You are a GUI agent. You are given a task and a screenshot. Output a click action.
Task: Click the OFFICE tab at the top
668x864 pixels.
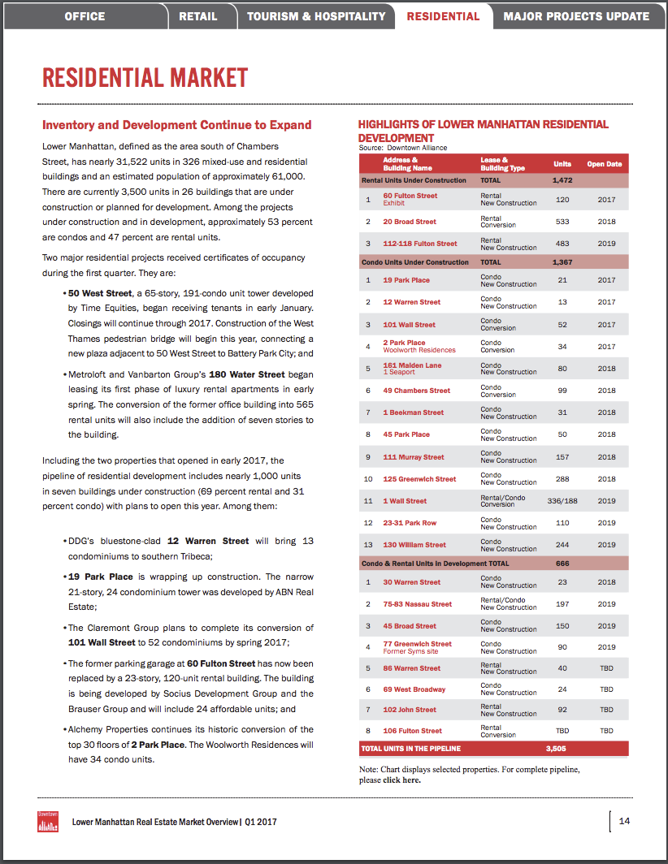(x=85, y=16)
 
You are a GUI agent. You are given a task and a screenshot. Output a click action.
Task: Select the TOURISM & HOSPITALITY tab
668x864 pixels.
(x=316, y=16)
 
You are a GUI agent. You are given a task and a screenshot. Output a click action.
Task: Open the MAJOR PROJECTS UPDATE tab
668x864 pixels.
(x=576, y=16)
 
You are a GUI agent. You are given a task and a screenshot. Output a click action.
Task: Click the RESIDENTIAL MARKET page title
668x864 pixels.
(x=145, y=78)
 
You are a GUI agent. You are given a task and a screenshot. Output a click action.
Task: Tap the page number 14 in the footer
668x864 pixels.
(x=624, y=821)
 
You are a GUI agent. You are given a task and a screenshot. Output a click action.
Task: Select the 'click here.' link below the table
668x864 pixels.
(x=401, y=780)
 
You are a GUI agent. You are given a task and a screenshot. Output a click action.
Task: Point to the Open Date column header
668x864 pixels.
(x=604, y=164)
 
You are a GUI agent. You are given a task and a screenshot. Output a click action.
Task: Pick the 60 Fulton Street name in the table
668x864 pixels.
(x=410, y=196)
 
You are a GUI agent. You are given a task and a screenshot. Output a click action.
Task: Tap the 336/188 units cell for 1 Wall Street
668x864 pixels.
(x=561, y=501)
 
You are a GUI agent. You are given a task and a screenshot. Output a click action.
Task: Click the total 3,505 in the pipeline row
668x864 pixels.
(x=556, y=748)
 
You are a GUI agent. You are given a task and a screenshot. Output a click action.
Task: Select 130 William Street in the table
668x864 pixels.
(x=414, y=545)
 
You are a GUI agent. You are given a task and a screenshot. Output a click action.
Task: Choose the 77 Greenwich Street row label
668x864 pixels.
(x=417, y=644)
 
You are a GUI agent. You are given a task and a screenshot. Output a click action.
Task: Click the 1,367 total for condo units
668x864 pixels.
(x=562, y=262)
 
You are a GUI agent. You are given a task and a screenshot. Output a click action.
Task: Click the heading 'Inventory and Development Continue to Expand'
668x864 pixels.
(x=177, y=125)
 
